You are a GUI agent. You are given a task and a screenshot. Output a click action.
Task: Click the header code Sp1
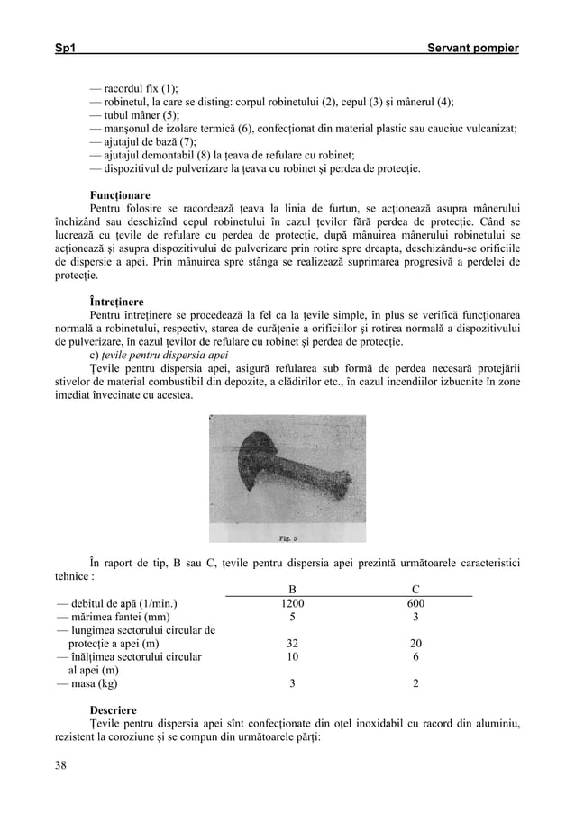point(66,45)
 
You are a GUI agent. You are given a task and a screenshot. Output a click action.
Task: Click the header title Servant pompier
point(476,45)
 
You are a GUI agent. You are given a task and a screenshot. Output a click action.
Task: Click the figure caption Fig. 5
point(287,539)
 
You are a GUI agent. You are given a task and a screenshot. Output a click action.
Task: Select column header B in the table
point(291,590)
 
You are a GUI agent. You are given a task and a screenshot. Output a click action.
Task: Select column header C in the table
point(415,590)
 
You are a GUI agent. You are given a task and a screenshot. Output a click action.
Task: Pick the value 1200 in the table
point(291,603)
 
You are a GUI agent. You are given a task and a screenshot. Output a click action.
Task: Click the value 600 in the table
point(415,603)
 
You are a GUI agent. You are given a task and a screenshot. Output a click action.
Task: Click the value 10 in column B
point(291,657)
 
